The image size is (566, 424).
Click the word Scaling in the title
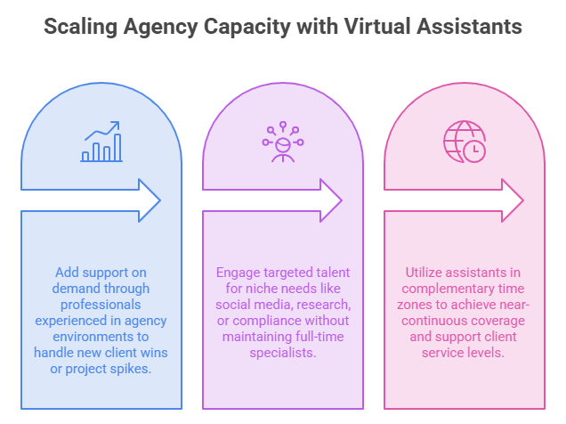80,28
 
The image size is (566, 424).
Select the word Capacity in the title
247,28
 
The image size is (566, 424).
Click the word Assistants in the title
470,27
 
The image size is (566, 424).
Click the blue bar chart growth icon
101,142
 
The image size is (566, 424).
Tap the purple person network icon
283,142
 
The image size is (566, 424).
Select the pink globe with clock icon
465,142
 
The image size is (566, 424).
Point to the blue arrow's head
150,200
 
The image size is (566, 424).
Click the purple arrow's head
331,200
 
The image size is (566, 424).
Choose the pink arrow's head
513,200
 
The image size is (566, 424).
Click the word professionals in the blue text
101,305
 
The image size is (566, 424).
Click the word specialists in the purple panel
283,353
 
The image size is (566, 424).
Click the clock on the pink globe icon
474,151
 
